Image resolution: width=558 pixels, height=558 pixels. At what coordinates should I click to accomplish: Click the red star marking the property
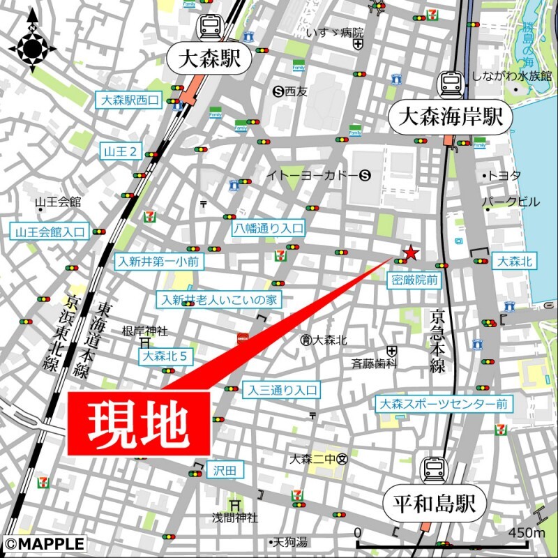[x=412, y=252]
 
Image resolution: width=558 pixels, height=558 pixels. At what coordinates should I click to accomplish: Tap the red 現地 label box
[x=139, y=423]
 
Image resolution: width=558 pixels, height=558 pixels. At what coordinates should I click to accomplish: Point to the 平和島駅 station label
[x=433, y=502]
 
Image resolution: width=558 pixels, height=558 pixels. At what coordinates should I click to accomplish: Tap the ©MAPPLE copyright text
[x=44, y=543]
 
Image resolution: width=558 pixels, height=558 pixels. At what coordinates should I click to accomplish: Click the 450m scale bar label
[x=527, y=533]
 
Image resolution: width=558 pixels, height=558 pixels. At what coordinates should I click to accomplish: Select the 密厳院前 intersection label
[x=414, y=280]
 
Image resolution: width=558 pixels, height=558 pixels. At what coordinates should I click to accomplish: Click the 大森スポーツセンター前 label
[x=444, y=404]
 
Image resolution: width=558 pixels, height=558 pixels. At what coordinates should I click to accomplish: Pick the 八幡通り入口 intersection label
[x=269, y=227]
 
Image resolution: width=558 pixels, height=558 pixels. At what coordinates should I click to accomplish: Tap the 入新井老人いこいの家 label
[x=220, y=300]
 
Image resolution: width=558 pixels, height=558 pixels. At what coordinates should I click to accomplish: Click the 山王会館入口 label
[x=50, y=232]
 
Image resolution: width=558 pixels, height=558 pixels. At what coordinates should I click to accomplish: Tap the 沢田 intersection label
[x=225, y=471]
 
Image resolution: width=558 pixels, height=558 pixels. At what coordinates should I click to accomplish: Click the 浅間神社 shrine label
[x=235, y=518]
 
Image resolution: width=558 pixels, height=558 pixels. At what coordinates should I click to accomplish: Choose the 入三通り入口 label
[x=281, y=391]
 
